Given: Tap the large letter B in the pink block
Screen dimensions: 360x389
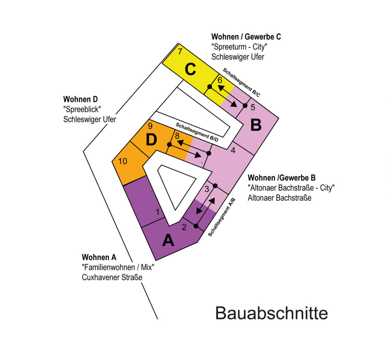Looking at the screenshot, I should (x=256, y=124).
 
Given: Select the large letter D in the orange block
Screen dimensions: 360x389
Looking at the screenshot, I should (x=151, y=140).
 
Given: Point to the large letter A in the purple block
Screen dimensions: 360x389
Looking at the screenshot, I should (x=168, y=240).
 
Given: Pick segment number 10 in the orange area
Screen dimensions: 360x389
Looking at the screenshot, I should (x=122, y=161).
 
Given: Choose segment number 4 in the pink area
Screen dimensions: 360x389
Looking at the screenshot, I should (x=233, y=150).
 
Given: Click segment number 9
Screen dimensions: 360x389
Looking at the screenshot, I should (x=150, y=126).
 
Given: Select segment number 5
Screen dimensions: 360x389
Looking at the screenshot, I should (x=253, y=107).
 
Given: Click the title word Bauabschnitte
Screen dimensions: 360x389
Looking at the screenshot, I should (x=272, y=314).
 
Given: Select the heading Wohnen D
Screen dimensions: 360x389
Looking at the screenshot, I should (x=80, y=99).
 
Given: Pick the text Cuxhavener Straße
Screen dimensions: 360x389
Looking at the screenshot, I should (x=112, y=278).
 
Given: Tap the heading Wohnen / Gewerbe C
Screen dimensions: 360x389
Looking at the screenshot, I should (x=246, y=37).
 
